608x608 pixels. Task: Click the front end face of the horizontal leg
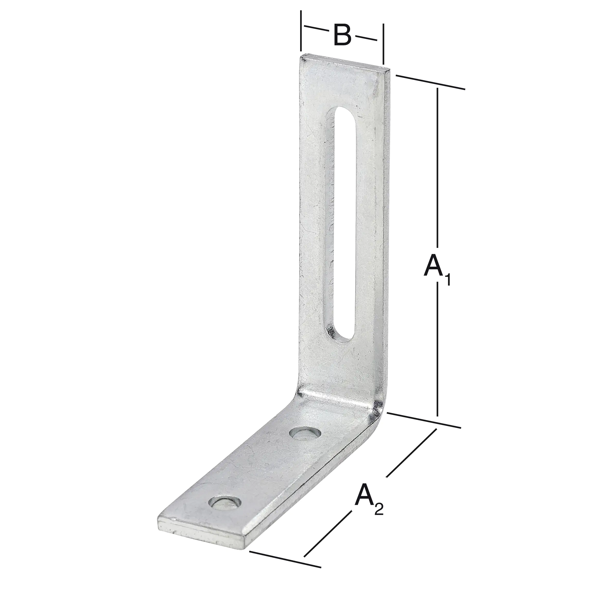tap(201, 537)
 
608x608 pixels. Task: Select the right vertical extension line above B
tap(383, 44)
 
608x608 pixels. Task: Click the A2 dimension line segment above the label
tap(411, 453)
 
